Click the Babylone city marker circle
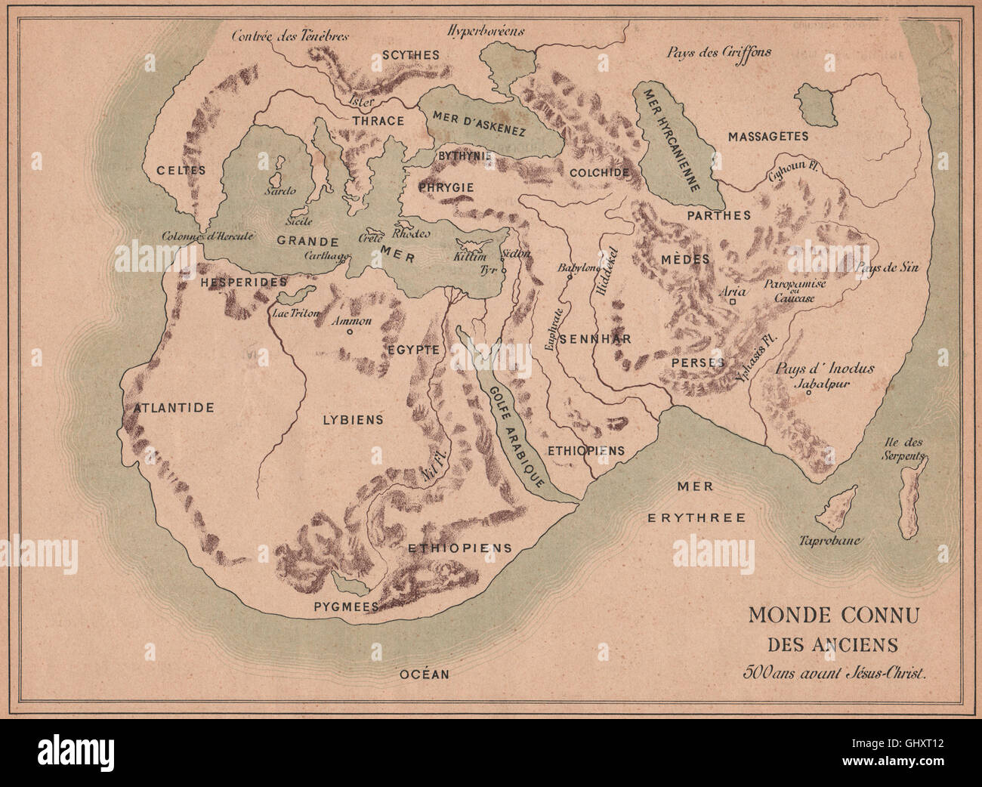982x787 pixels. point(570,276)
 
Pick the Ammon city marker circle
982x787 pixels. point(350,331)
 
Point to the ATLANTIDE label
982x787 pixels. point(174,408)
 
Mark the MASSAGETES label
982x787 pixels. point(767,137)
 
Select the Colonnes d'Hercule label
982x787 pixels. point(207,235)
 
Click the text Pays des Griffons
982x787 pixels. point(718,52)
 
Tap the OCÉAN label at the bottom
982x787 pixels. point(424,674)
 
